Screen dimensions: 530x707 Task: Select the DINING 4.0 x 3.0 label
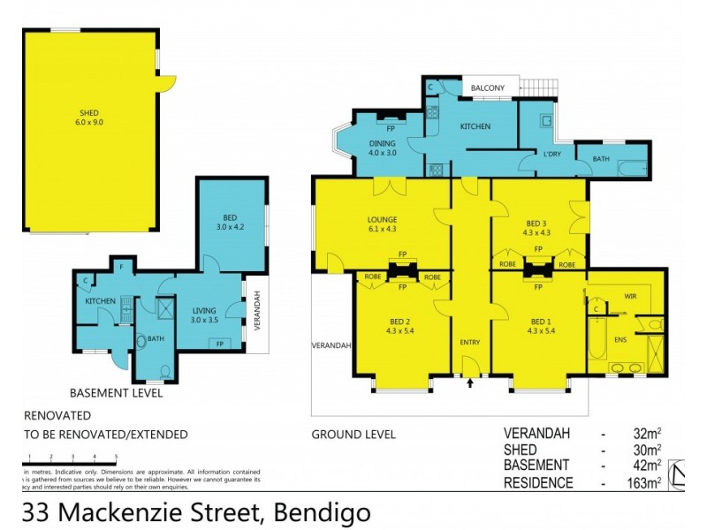point(384,148)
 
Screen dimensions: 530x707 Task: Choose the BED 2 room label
point(400,326)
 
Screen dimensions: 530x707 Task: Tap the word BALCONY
point(488,87)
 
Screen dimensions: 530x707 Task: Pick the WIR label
point(630,297)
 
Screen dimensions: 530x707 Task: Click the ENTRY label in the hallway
point(469,342)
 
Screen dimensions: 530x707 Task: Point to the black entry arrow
point(469,383)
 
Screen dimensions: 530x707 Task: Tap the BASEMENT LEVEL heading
point(116,393)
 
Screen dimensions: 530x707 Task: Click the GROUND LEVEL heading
point(353,435)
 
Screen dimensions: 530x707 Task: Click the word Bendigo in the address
point(322,511)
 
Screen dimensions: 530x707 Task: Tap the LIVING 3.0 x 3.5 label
point(209,314)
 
